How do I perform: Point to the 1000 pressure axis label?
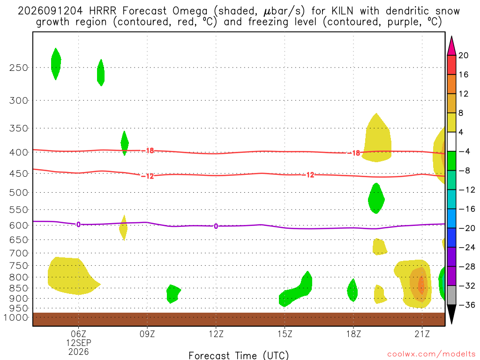(x=16, y=317)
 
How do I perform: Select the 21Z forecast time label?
(x=422, y=334)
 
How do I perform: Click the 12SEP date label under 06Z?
(x=79, y=343)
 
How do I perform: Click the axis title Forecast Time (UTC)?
(x=239, y=355)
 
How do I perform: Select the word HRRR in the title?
(x=103, y=11)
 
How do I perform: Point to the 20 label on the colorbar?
(x=463, y=55)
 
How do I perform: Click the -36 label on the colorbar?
(x=466, y=305)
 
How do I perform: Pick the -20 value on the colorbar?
(x=466, y=228)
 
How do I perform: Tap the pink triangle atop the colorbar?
(x=451, y=46)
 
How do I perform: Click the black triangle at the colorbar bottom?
(x=451, y=313)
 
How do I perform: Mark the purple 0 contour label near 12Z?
(x=216, y=226)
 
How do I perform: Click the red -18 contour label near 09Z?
(x=150, y=150)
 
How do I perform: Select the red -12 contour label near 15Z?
(x=309, y=175)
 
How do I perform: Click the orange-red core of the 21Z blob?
(x=421, y=285)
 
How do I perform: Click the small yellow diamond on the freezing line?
(x=123, y=228)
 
